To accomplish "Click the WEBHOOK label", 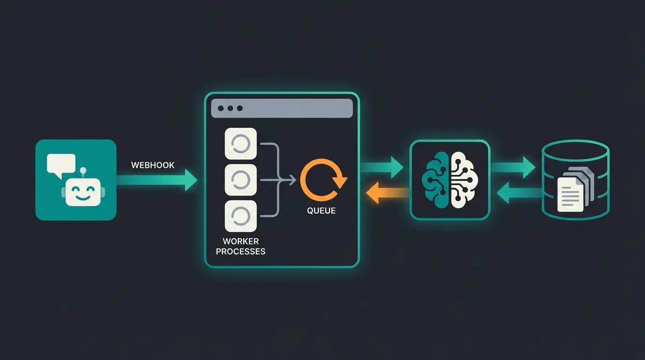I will pos(153,165).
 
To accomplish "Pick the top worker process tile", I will pos(241,144).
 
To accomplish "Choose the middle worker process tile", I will pos(241,180).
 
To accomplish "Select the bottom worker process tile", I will pos(241,216).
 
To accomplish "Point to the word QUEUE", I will pos(322,211).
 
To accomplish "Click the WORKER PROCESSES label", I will pos(240,247).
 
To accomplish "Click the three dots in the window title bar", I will pos(230,108).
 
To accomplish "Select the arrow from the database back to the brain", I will pos(516,193).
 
